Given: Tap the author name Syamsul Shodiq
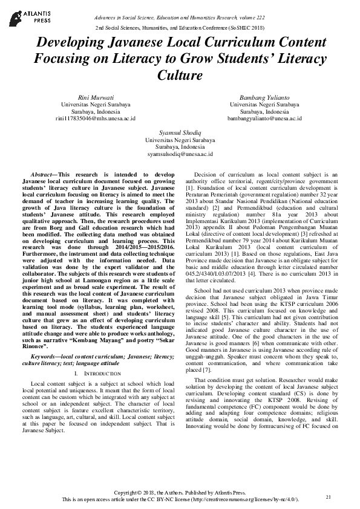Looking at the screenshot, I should pos(180,132).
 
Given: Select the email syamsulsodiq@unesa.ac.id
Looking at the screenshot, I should pos(180,154).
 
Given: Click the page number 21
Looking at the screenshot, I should pos(329,497).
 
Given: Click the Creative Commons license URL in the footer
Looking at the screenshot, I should pos(253,500).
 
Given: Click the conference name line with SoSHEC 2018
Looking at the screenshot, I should pos(180,28).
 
